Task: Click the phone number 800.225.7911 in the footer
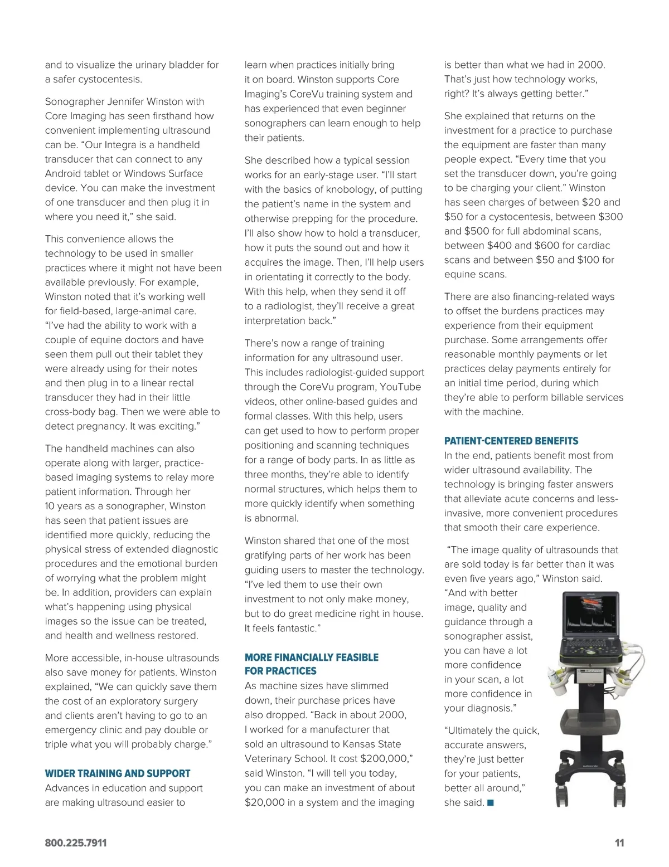click(76, 843)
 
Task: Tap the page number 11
click(619, 843)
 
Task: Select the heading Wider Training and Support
click(118, 773)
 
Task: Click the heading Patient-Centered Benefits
click(511, 441)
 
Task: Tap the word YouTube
click(403, 387)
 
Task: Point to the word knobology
click(352, 189)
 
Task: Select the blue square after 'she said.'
click(490, 802)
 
